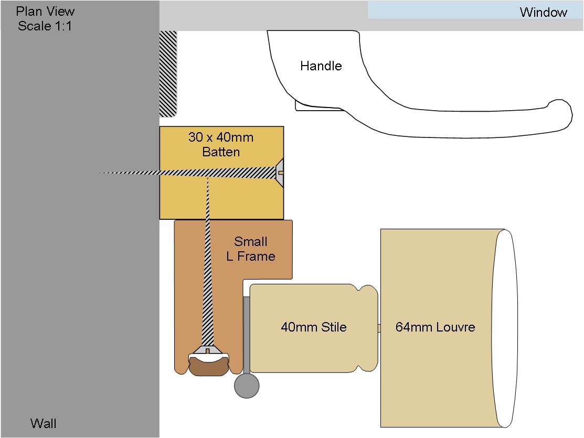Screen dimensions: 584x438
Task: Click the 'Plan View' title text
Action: (45, 11)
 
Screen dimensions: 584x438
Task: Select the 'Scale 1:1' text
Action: (45, 26)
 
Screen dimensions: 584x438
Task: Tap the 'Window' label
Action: (544, 12)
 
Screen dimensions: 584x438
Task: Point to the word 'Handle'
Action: (321, 66)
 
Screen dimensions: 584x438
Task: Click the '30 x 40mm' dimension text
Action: (221, 137)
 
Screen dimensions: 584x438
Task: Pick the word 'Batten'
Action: (221, 152)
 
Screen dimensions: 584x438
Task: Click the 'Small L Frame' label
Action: (251, 249)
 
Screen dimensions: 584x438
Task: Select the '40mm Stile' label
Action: (314, 327)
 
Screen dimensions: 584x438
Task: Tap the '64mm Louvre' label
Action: (435, 327)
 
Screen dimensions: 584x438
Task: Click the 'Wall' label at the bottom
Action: (43, 423)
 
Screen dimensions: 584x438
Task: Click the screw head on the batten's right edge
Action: (279, 173)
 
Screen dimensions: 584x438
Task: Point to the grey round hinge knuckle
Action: (247, 386)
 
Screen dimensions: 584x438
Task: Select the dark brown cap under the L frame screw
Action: (209, 366)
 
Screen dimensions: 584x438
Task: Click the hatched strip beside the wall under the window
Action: (168, 74)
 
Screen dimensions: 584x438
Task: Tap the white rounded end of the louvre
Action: (505, 328)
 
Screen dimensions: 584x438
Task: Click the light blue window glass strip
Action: (475, 9)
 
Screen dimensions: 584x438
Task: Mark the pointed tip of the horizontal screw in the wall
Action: (100, 173)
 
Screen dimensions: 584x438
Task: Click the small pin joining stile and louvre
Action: (379, 328)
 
